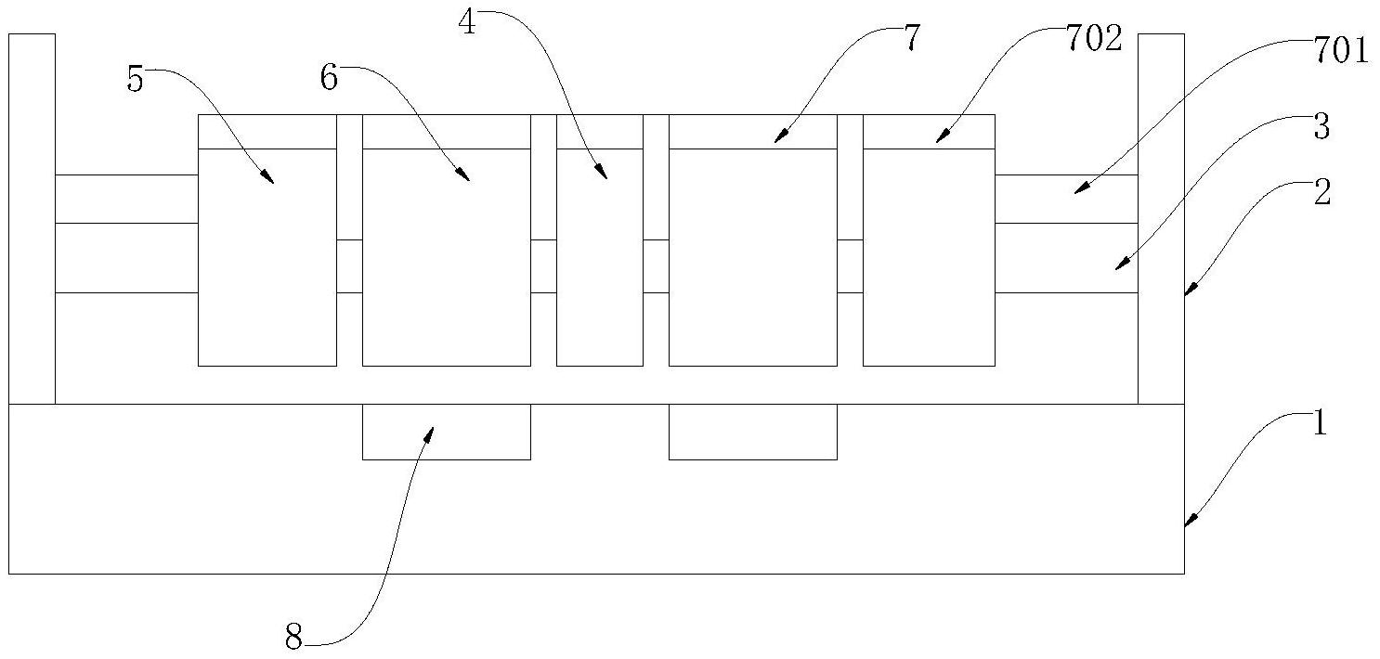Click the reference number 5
pos(136,80)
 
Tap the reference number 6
pos(330,78)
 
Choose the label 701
pos(1340,52)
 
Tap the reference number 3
pos(1321,128)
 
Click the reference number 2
pos(1322,193)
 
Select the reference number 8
pos(293,639)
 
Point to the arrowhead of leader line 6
pos(468,179)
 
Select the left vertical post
pos(32,218)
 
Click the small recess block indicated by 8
pos(446,432)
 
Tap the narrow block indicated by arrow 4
pos(599,256)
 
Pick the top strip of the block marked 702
pos(929,132)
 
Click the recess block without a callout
pos(752,432)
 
